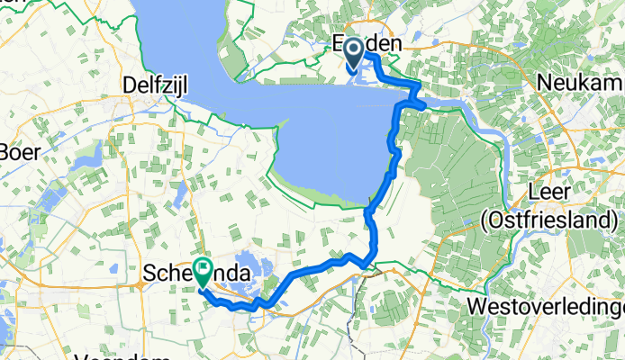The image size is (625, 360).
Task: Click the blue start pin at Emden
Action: point(352,52)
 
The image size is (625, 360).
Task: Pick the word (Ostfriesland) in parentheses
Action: point(549,220)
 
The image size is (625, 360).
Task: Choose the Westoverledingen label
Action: point(546,306)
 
